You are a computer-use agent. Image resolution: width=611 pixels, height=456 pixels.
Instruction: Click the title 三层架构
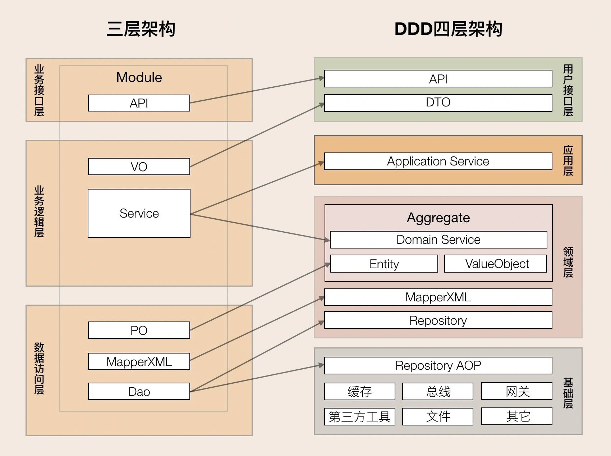pos(141,29)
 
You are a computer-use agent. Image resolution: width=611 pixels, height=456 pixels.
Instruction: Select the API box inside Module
pos(139,103)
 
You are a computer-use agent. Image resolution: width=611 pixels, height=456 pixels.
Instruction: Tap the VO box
pos(139,167)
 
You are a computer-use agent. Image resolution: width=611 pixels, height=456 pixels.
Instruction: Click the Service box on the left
pos(139,213)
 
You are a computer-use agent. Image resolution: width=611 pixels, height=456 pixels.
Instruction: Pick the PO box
pos(139,330)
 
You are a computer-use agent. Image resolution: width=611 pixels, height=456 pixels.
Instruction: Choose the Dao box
pos(139,391)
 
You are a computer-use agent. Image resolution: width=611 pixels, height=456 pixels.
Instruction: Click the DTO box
pos(438,102)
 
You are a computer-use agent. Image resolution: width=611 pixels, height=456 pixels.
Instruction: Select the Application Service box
pos(438,161)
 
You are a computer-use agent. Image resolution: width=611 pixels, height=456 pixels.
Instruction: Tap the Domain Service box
pos(438,240)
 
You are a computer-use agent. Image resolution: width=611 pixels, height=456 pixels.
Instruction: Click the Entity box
pos(384,264)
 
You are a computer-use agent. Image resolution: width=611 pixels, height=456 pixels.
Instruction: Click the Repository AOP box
pos(438,365)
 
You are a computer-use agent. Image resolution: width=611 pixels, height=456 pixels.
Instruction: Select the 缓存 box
pos(359,391)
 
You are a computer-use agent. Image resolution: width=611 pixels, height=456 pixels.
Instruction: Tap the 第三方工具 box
pos(359,416)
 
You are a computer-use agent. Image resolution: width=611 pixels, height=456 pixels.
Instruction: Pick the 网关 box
pos(517,391)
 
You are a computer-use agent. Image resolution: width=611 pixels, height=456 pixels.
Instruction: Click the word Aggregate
pos(438,218)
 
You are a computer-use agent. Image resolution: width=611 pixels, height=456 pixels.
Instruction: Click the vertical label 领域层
pos(568,262)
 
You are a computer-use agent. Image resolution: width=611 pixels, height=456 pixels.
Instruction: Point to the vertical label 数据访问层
pos(39,368)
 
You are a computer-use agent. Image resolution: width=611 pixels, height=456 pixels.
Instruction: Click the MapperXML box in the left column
pos(139,361)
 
